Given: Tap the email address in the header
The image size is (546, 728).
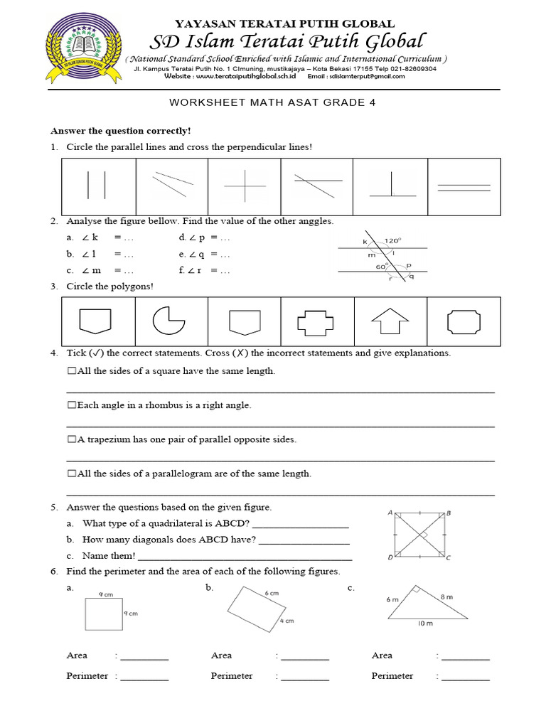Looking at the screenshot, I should (366, 77).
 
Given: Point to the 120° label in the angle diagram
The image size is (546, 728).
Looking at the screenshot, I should (394, 241).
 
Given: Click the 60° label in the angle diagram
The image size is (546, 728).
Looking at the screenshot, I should (381, 267).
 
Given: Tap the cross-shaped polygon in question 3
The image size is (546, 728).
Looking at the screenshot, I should (316, 321).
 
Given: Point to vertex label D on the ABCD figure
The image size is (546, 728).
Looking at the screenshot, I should (390, 558).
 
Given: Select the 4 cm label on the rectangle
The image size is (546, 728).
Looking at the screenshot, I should (287, 621).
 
